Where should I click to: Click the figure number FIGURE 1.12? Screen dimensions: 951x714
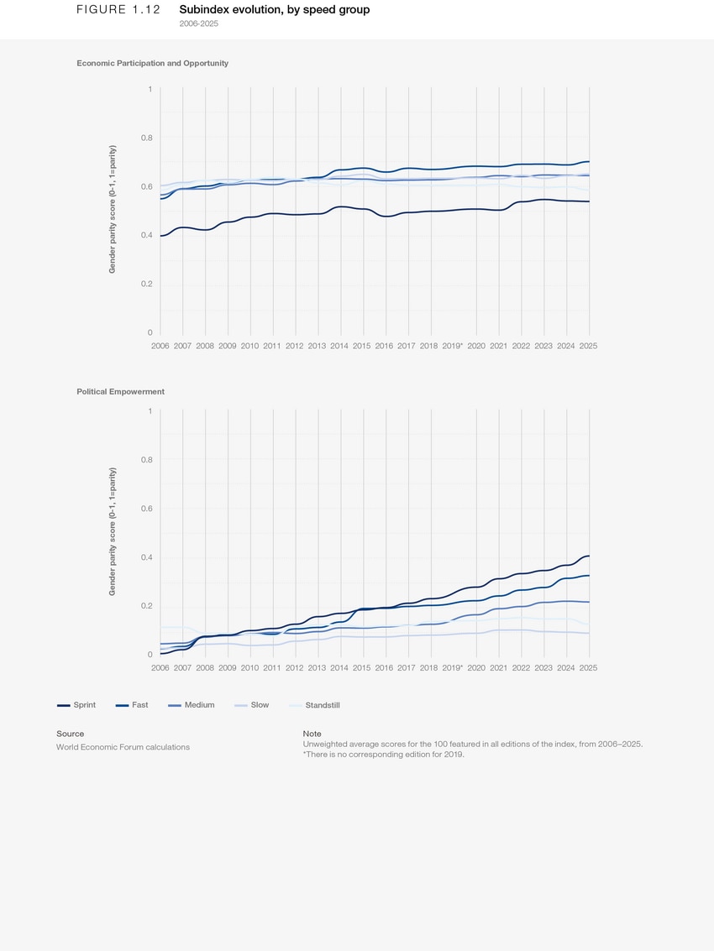coord(118,10)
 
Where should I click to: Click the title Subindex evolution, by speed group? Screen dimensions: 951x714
coord(274,10)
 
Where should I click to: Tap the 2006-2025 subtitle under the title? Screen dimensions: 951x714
coord(199,24)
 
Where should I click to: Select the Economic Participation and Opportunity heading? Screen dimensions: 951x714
coord(152,63)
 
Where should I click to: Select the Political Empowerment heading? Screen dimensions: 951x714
coord(120,391)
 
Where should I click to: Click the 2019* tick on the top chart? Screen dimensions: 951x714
coord(453,346)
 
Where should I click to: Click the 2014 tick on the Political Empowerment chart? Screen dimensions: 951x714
coord(339,667)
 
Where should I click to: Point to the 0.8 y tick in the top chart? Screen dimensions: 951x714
coord(147,138)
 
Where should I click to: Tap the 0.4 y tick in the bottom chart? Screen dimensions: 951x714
coord(147,557)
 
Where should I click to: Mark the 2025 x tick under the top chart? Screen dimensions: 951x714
coord(588,346)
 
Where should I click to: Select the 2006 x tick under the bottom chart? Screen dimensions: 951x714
coord(160,667)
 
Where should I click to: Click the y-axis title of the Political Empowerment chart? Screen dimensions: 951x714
coord(113,532)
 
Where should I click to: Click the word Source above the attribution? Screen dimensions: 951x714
coord(70,734)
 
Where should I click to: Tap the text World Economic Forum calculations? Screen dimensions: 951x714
coord(123,747)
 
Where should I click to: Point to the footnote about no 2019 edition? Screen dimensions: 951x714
coord(383,754)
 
